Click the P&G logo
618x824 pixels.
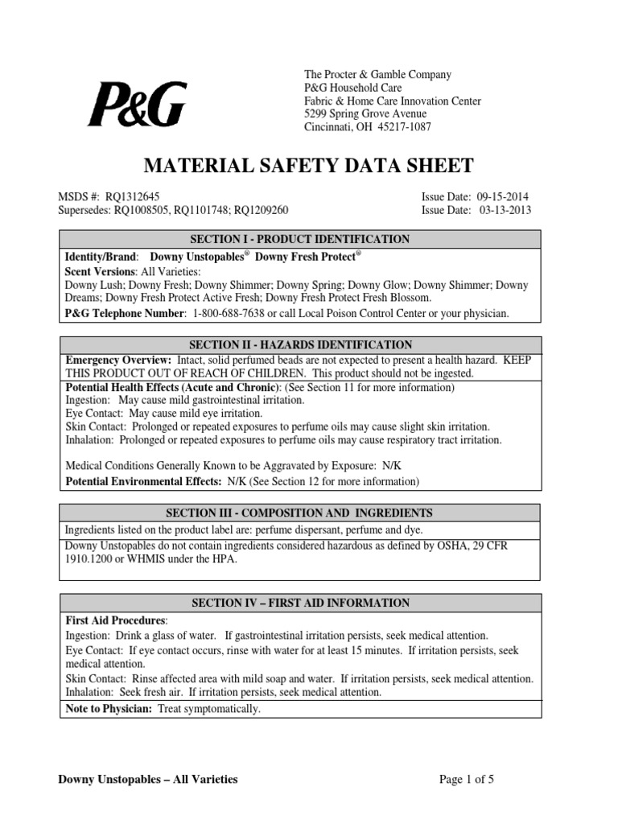coord(137,105)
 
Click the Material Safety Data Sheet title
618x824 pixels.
coord(308,167)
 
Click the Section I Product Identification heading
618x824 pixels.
coord(299,240)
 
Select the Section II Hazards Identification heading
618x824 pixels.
coord(299,345)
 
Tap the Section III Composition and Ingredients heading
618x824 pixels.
coord(299,513)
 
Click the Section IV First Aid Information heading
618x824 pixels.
coord(299,603)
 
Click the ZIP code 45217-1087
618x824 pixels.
coord(402,127)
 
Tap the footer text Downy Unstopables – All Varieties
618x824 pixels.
coord(149,779)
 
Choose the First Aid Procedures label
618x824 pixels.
coord(115,621)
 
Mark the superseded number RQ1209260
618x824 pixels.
coord(253,210)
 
